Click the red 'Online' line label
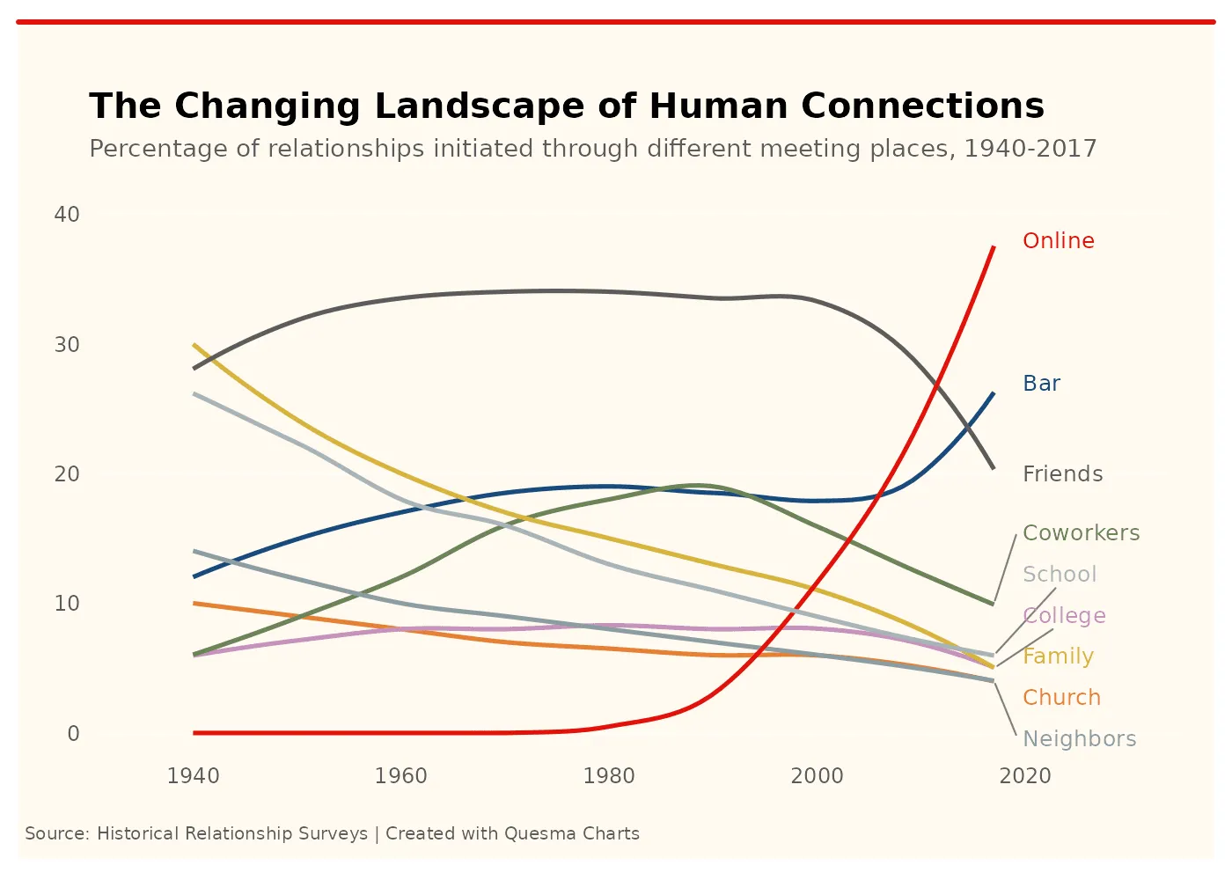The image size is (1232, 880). (1058, 241)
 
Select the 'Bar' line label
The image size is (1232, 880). (1041, 384)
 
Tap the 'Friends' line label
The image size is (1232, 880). (1062, 474)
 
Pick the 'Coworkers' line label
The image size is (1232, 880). (1081, 533)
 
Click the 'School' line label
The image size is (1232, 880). (1060, 575)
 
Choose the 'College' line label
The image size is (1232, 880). (1064, 616)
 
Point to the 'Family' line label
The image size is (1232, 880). (1058, 656)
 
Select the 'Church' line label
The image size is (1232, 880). (1061, 698)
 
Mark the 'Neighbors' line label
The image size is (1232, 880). (1079, 739)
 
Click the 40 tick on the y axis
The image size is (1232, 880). (67, 215)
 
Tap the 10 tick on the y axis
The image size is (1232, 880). (67, 604)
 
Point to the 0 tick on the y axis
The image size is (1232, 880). (73, 734)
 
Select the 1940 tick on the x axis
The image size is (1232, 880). (193, 776)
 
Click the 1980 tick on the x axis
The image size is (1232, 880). (609, 776)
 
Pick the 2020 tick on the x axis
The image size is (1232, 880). (1025, 776)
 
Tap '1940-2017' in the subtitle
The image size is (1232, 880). (1030, 149)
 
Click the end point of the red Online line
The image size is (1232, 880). (994, 247)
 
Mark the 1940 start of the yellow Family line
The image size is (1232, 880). (194, 345)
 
